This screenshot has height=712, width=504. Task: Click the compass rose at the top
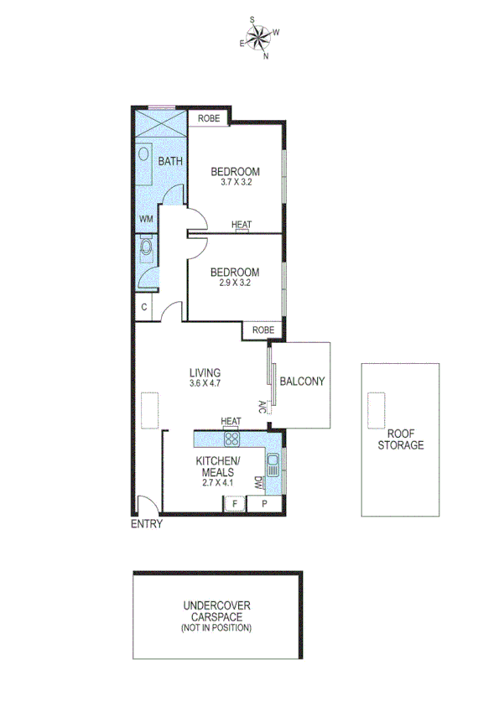click(x=259, y=37)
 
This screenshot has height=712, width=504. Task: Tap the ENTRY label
click(x=146, y=525)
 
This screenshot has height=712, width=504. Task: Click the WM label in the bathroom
click(x=145, y=219)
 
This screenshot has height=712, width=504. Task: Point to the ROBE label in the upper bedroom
click(x=209, y=119)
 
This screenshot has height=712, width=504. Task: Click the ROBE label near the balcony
click(x=262, y=330)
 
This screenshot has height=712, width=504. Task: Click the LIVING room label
click(x=205, y=373)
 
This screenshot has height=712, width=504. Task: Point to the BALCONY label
click(x=301, y=380)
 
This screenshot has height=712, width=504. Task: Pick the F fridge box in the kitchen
click(x=235, y=504)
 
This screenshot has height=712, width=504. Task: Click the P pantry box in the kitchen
click(x=264, y=504)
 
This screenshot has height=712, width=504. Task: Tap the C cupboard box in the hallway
click(x=144, y=307)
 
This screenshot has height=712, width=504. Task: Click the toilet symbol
click(x=147, y=248)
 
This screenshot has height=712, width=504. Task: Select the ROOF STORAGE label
click(x=400, y=439)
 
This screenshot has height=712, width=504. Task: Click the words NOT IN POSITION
click(x=216, y=627)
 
